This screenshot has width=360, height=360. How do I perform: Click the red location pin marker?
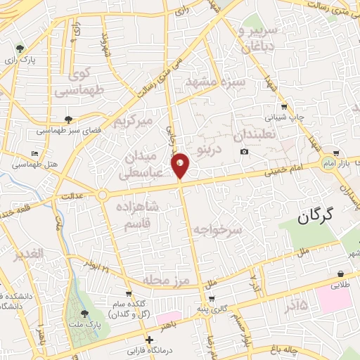click(x=180, y=165)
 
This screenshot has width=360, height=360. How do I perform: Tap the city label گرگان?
click(x=313, y=217)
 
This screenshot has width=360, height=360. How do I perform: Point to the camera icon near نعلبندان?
click(x=244, y=152)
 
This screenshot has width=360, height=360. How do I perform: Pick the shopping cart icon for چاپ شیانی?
click(x=283, y=108)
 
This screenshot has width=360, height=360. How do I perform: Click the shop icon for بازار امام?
click(x=338, y=152)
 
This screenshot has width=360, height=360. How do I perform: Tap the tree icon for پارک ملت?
click(x=84, y=313)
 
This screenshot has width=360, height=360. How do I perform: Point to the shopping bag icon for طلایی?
click(x=340, y=274)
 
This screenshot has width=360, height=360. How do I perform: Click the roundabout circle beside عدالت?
click(x=102, y=195)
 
